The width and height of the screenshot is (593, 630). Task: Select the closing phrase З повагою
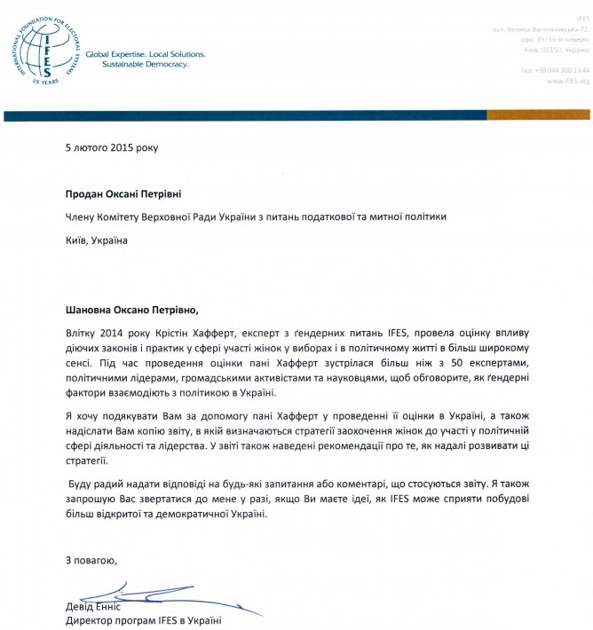(91, 561)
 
